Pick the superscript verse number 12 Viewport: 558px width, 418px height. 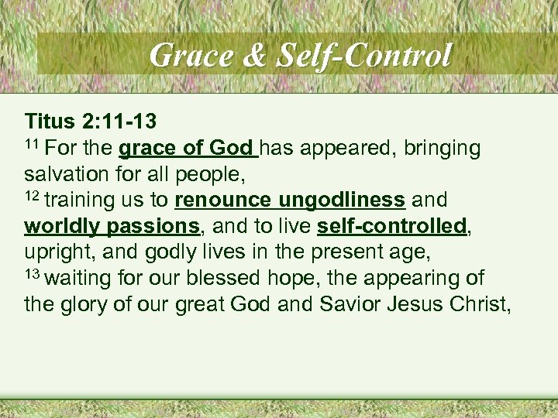pos(32,196)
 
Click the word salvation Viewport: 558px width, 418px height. pos(63,174)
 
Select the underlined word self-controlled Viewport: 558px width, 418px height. pos(392,227)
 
